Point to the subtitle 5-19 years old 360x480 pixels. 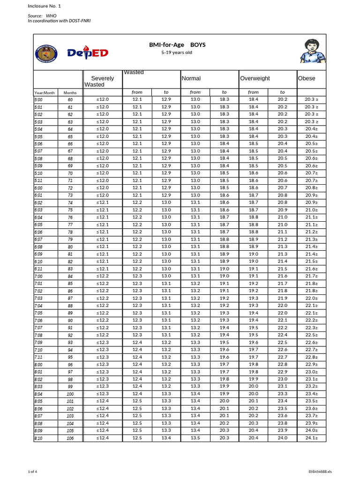[x=177, y=52]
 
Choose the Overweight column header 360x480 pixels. [x=255, y=78]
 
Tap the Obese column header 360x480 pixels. [x=307, y=78]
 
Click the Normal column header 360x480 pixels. [x=191, y=78]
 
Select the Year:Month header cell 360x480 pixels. [x=45, y=93]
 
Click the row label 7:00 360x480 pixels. [x=38, y=277]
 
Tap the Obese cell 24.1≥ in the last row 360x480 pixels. [x=311, y=438]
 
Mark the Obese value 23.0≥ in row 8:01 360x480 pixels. [x=311, y=372]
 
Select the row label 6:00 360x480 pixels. [x=38, y=188]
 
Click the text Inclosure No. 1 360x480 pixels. [x=45, y=6]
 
